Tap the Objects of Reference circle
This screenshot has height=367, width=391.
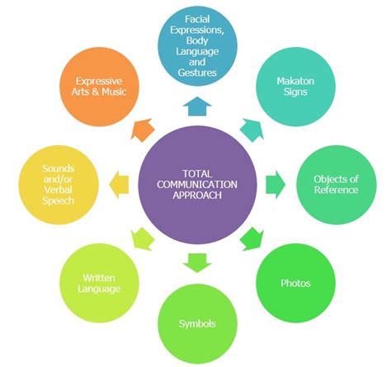tap(336, 184)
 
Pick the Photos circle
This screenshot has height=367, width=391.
tap(295, 283)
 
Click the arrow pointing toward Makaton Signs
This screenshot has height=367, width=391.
tap(250, 128)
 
